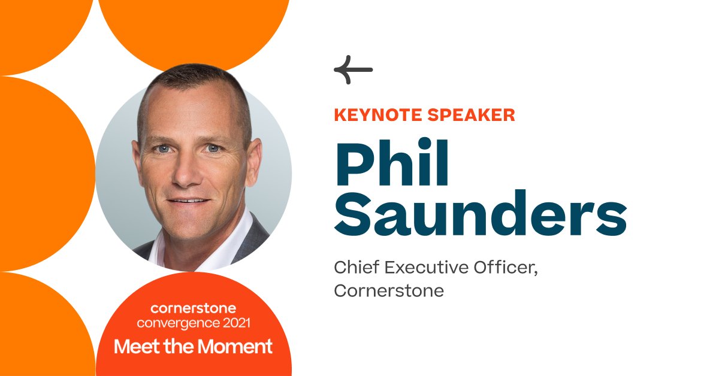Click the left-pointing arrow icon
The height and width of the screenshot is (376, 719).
point(353,70)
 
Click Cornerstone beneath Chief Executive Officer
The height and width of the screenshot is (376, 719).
point(389,291)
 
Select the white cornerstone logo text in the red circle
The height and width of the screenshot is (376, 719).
point(193,309)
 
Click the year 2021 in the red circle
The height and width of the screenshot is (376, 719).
point(235,323)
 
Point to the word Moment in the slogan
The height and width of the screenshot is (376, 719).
point(240,346)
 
